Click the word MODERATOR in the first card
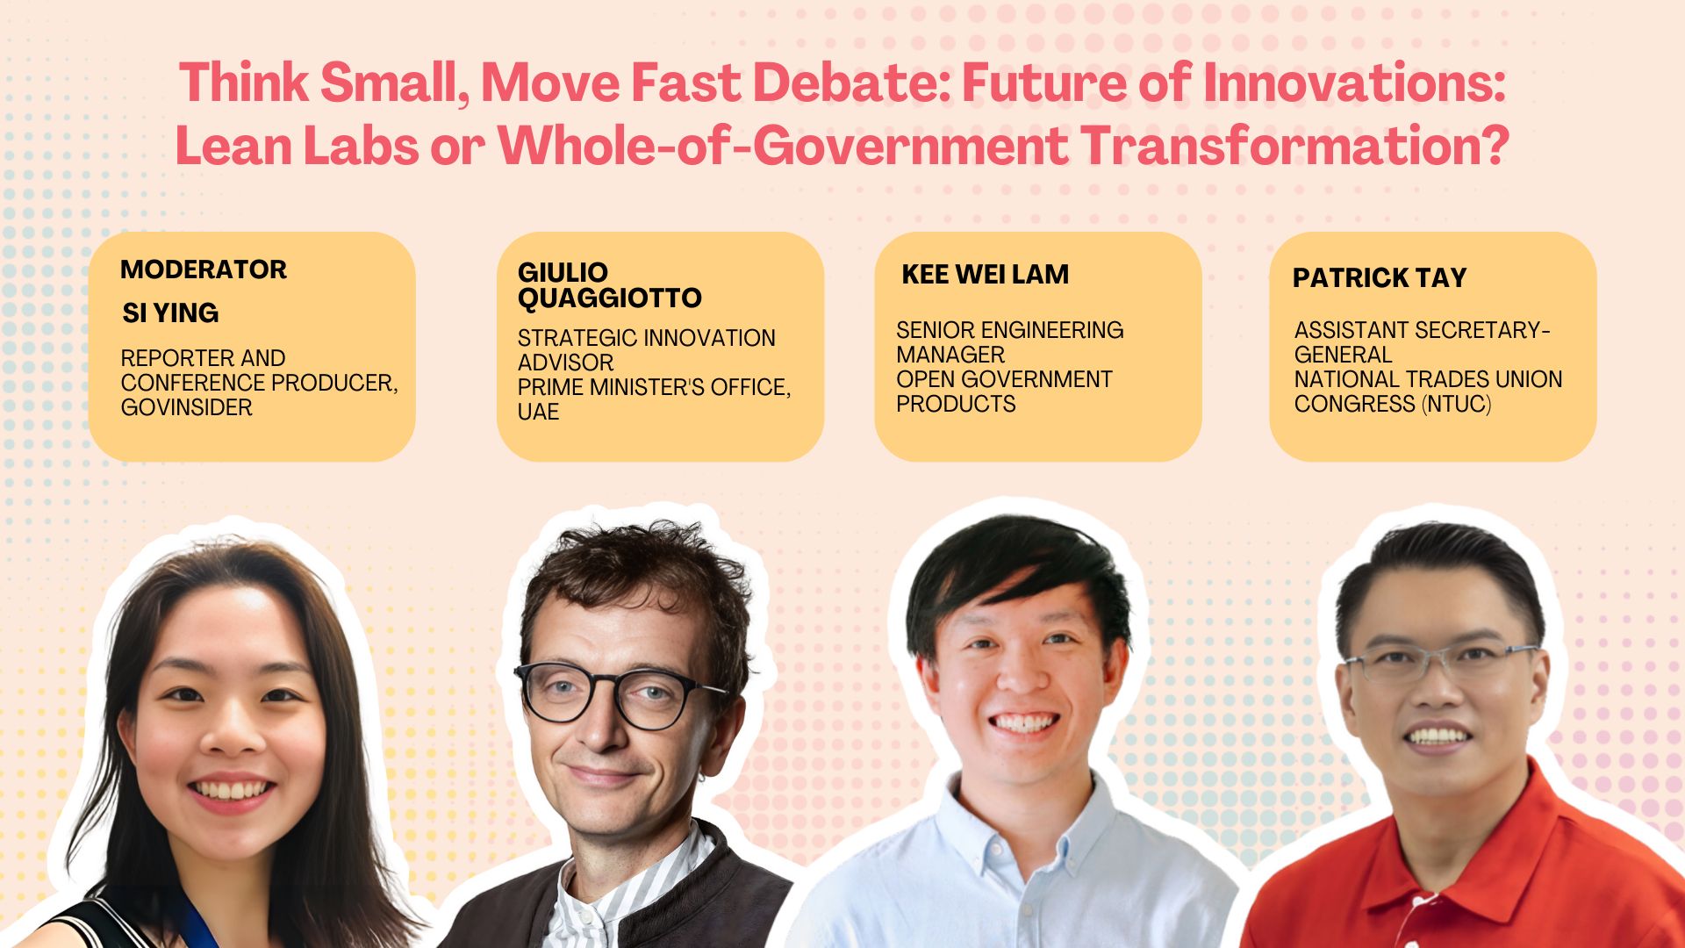click(x=204, y=269)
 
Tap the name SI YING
click(x=170, y=312)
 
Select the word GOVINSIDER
click(x=186, y=407)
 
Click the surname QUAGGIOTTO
click(x=609, y=298)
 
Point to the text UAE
click(x=538, y=412)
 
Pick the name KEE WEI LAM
click(x=985, y=275)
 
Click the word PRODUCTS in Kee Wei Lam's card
click(x=956, y=404)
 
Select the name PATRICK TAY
click(x=1379, y=278)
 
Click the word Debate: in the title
click(x=851, y=83)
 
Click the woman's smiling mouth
click(x=231, y=790)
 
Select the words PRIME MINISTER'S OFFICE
click(x=653, y=387)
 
